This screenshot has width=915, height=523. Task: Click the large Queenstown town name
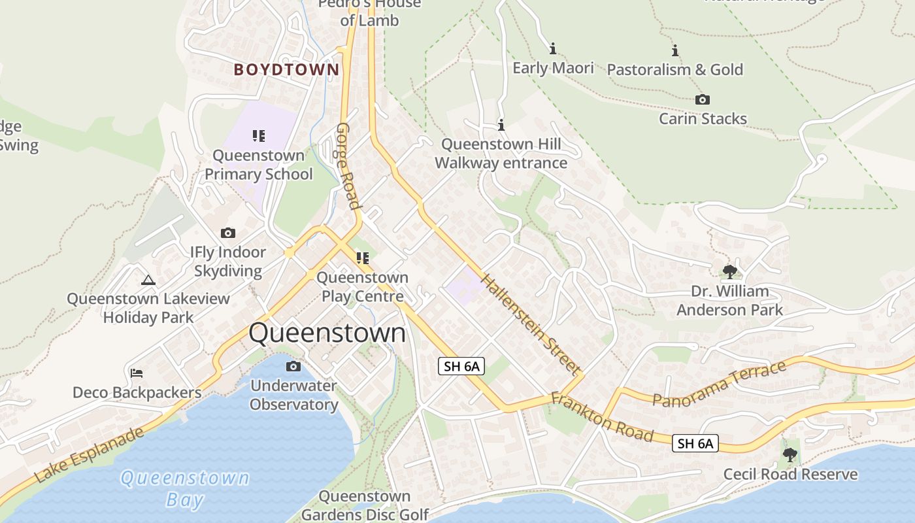[327, 333]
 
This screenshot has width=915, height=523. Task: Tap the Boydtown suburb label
[286, 69]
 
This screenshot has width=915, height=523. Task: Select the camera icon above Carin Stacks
[703, 100]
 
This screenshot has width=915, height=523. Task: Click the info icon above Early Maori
[553, 48]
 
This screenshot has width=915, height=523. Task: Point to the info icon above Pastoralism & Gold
[675, 50]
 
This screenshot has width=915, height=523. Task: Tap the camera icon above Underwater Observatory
[293, 366]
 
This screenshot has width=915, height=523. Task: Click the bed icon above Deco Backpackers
[137, 373]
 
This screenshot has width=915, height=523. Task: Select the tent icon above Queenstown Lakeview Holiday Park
[148, 280]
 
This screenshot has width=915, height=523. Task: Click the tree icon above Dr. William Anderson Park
[729, 271]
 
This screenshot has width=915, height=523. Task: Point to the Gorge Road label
[348, 166]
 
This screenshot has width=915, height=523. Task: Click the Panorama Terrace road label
[719, 384]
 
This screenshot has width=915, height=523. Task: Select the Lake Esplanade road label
[90, 455]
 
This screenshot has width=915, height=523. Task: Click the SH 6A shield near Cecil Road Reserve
[695, 444]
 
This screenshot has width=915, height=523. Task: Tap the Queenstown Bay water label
[185, 488]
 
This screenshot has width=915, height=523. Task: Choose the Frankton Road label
[602, 416]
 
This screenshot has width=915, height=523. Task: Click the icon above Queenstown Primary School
[259, 136]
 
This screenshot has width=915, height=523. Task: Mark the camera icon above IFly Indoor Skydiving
[228, 233]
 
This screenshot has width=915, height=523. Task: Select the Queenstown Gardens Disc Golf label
[365, 505]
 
